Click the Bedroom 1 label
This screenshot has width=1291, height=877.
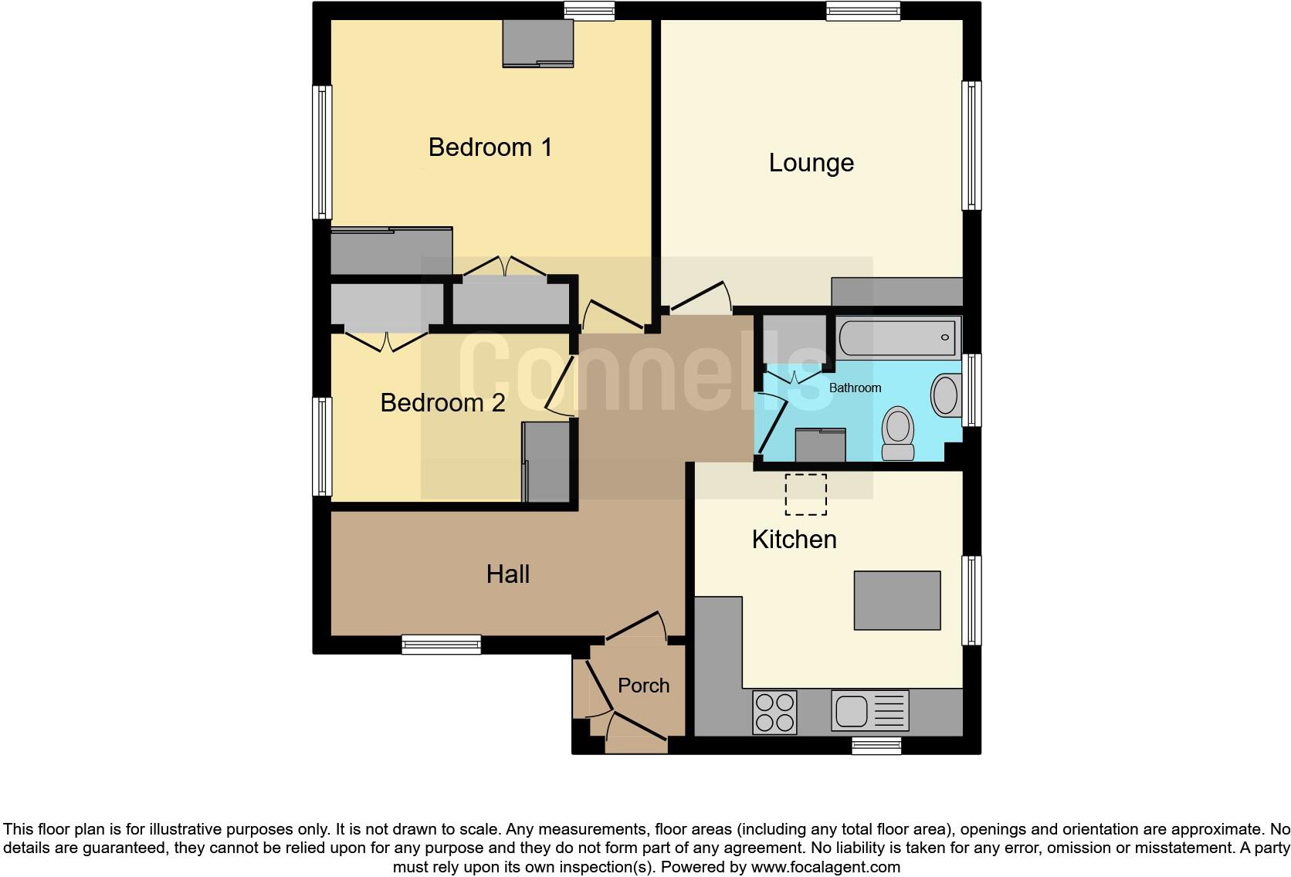tap(490, 147)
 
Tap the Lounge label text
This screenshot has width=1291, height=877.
tap(811, 163)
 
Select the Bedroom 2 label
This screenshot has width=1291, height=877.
tap(442, 402)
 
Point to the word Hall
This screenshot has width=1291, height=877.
tap(507, 574)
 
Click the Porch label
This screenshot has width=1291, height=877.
tap(643, 686)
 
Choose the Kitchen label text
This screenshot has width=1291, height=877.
tap(794, 539)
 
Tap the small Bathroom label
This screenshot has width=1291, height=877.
tap(855, 388)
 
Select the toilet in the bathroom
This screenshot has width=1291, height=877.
tap(898, 433)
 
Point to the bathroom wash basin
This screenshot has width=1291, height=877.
tap(945, 395)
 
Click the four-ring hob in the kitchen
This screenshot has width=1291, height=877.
tap(774, 712)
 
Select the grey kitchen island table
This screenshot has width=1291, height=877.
tap(897, 600)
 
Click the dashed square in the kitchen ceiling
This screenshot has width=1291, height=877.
tap(806, 495)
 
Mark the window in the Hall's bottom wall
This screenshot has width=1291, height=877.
tap(442, 645)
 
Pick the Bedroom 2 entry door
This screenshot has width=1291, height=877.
tap(560, 386)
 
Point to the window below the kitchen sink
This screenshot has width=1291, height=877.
tap(876, 745)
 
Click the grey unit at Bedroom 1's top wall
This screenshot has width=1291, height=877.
tap(537, 43)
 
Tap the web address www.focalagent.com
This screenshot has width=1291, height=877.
tap(825, 867)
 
